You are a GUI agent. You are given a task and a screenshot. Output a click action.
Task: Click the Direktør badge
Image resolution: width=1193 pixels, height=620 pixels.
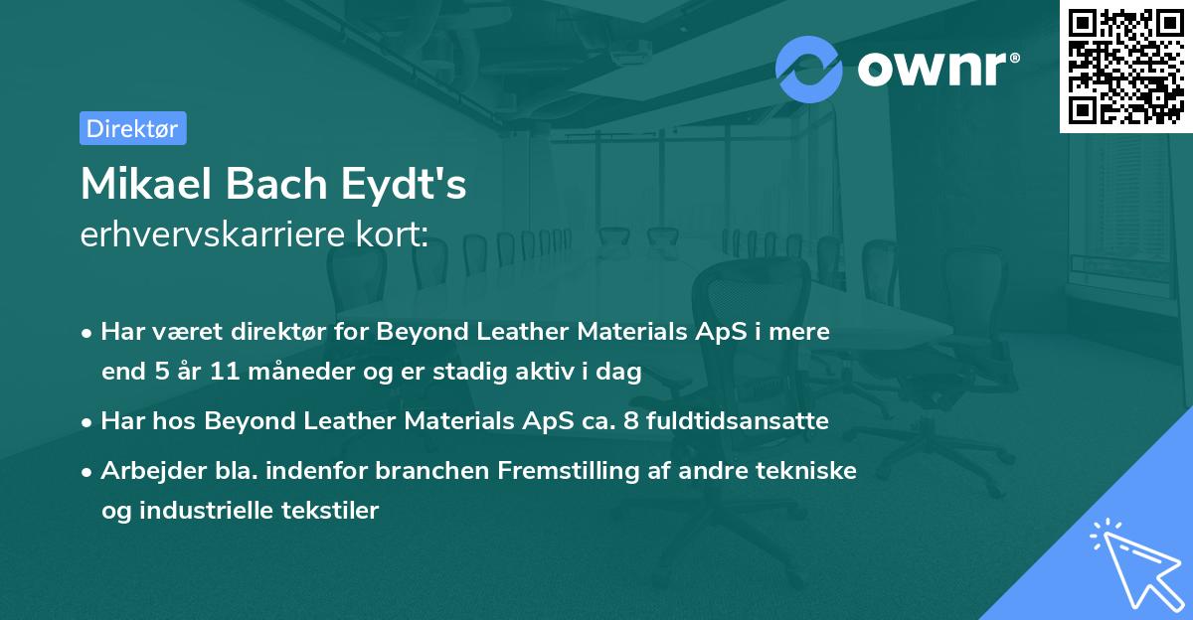pyautogui.click(x=133, y=128)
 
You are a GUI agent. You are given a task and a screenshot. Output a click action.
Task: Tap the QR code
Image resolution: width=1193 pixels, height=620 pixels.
pyautogui.click(x=1125, y=67)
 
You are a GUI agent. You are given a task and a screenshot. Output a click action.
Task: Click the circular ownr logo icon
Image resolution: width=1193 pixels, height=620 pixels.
pyautogui.click(x=809, y=70)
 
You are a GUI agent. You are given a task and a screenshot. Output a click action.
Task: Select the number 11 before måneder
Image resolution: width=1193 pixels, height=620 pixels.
pyautogui.click(x=211, y=372)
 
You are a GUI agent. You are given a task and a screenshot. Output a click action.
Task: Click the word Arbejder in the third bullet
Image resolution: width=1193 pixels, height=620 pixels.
pyautogui.click(x=146, y=471)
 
